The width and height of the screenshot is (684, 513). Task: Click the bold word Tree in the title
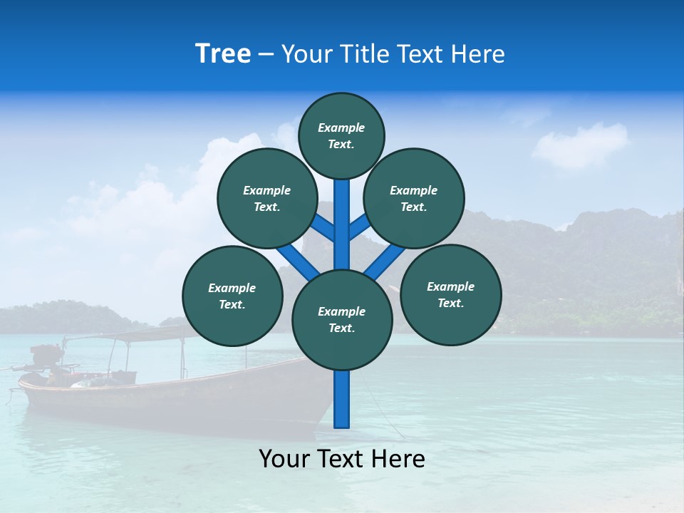223,53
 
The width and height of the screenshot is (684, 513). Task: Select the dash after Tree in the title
266,55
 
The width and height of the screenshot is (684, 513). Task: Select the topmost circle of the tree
341,135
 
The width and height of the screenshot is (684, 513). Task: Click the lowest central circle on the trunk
342,320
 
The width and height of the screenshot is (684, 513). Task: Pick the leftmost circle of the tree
232,296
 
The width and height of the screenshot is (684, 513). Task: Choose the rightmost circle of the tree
450,294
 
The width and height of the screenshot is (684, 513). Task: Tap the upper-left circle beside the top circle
267,198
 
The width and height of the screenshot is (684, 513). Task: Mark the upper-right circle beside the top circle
414,198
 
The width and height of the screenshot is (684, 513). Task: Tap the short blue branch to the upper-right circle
358,227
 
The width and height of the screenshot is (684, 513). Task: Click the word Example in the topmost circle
341,128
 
